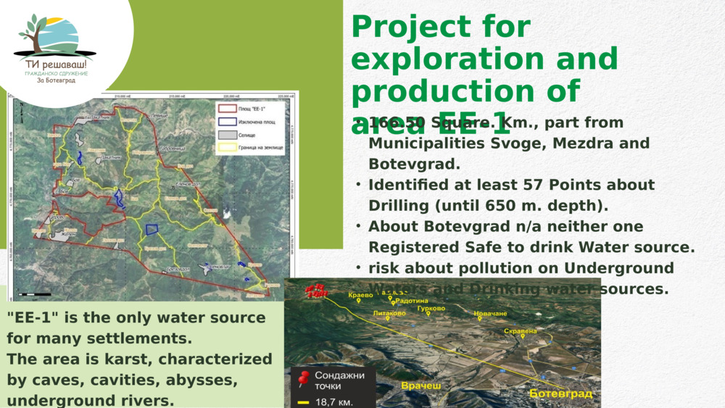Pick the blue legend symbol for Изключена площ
(227, 122)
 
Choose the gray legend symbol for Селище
(227, 135)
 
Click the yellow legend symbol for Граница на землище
(227, 148)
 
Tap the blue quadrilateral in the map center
(152, 230)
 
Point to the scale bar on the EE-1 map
(34, 294)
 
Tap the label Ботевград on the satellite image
(560, 394)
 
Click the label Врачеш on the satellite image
(420, 386)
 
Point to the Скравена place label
(520, 331)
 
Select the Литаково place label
(389, 314)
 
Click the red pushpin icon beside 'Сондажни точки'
(304, 378)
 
